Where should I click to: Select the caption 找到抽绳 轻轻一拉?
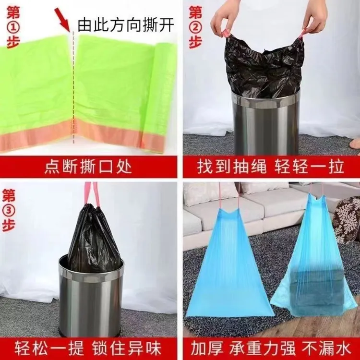pyautogui.click(x=270, y=167)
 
